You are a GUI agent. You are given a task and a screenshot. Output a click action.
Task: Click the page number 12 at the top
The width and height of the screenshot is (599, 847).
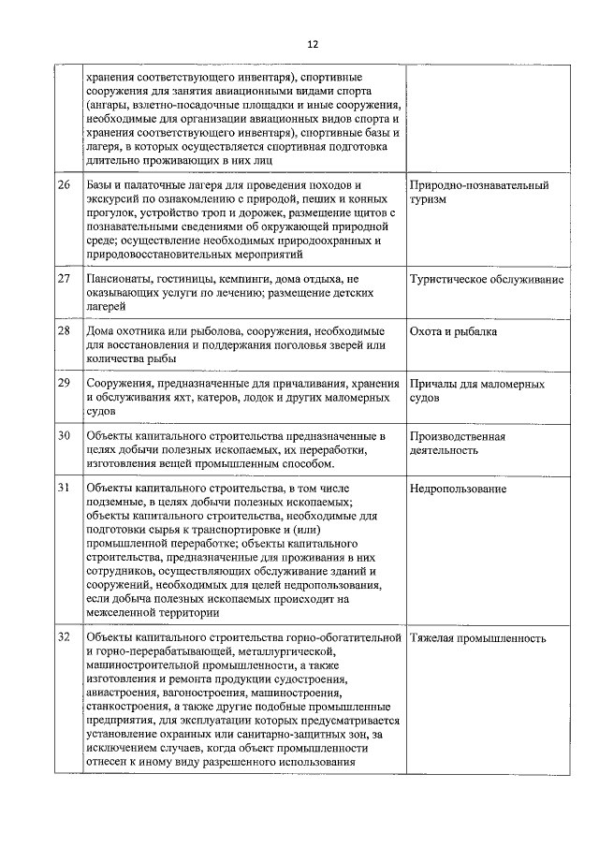click(x=313, y=44)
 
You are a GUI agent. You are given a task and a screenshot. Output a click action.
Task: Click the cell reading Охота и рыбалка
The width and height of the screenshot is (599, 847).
click(x=453, y=331)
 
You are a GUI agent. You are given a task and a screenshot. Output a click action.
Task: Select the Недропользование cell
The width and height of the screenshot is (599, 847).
click(x=459, y=489)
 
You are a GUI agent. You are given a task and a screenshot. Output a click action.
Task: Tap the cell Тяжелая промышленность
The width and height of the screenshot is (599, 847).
click(x=477, y=638)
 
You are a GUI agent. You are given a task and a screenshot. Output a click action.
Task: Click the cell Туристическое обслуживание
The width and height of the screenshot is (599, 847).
click(x=487, y=280)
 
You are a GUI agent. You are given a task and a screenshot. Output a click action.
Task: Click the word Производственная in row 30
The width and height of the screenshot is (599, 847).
click(x=458, y=436)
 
